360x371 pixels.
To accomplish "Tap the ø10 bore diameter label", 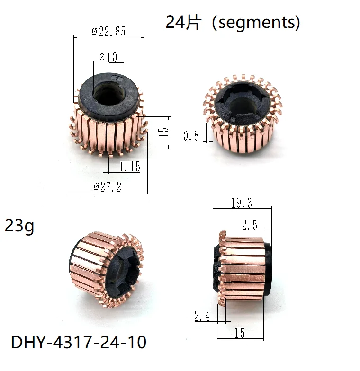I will (108, 57).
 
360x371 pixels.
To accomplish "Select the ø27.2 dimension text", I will (108, 187).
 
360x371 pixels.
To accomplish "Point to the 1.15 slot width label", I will (129, 167).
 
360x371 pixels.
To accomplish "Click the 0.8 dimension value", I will (191, 136).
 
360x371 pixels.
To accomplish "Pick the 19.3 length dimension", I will (241, 203).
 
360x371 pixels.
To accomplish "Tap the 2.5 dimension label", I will (250, 225).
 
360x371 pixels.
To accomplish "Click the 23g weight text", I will (19, 226).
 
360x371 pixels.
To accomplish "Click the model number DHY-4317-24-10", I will (78, 342).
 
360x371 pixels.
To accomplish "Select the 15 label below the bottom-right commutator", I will (240, 333).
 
